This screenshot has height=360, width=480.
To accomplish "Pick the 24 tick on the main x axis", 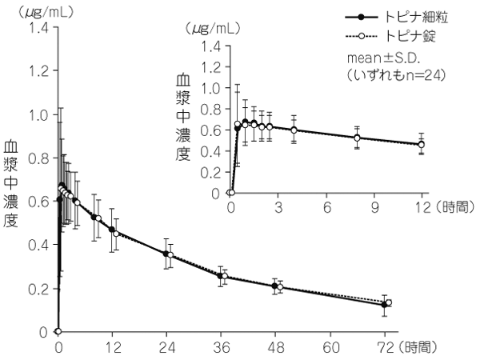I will (x=166, y=349).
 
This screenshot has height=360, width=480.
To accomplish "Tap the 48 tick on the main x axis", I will (x=276, y=349).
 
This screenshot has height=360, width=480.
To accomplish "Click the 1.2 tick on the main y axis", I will (x=38, y=71).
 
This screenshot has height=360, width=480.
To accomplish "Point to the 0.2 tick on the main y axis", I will (x=38, y=289).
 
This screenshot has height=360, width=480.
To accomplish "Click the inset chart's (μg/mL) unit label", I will (x=211, y=27).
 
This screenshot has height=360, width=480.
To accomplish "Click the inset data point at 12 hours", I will (x=422, y=145).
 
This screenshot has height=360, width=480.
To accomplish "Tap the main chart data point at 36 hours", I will (x=221, y=276).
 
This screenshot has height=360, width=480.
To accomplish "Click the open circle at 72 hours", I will (x=389, y=302).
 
